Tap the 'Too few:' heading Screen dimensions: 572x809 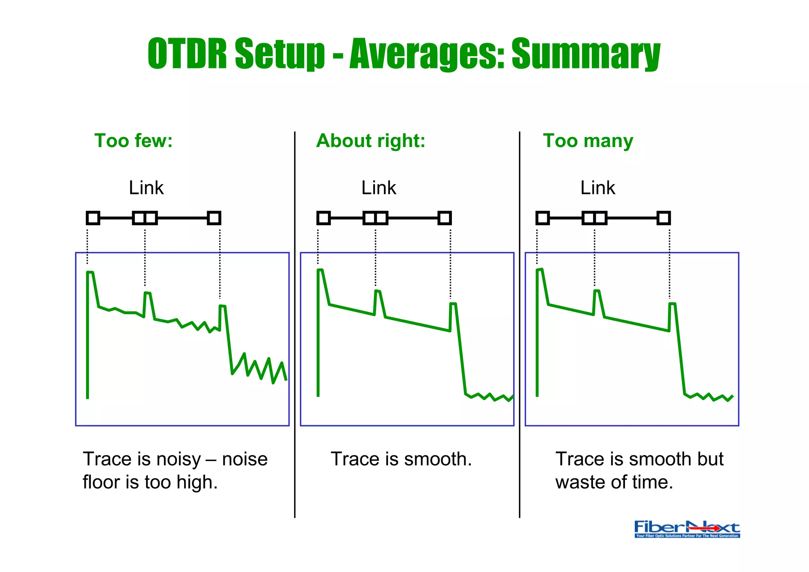click(x=134, y=141)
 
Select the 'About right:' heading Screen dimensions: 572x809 click(x=371, y=141)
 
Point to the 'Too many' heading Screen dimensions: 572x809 click(x=588, y=141)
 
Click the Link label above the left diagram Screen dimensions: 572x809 click(x=146, y=188)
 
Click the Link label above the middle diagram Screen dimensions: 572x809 click(x=378, y=188)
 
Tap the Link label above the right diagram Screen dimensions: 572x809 click(x=598, y=188)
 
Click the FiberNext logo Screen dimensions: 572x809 click(x=687, y=529)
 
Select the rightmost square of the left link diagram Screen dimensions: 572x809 click(x=214, y=218)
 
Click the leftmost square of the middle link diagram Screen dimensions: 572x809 click(x=324, y=218)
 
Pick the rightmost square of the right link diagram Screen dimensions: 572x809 click(x=664, y=218)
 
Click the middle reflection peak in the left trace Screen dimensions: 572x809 click(x=147, y=293)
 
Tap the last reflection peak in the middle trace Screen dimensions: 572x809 click(x=453, y=304)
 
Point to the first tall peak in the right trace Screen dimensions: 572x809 click(x=540, y=270)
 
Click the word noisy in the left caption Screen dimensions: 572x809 click(x=179, y=459)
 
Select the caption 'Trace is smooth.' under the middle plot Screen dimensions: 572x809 click(x=401, y=459)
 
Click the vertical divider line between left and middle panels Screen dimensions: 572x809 click(x=295, y=324)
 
